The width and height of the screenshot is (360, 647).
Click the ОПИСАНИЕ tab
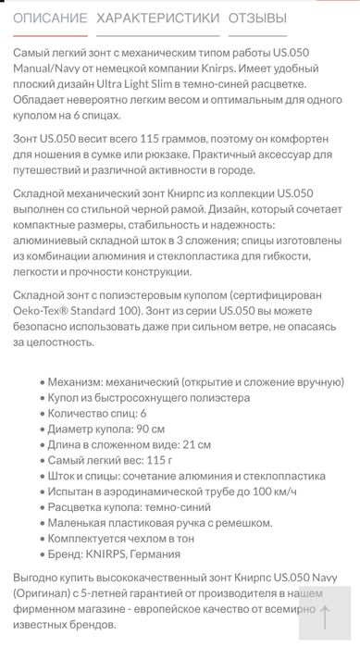coord(51,18)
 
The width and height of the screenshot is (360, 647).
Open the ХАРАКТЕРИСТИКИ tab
coord(158,18)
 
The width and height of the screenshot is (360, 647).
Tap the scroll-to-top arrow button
coord(325,616)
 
